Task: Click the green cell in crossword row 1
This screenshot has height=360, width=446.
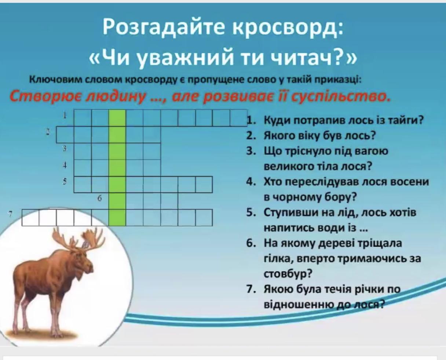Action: point(117,118)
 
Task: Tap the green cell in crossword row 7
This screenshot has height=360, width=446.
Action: point(117,218)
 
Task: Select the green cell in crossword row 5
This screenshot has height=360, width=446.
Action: point(117,184)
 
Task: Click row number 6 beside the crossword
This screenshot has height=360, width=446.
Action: point(100,199)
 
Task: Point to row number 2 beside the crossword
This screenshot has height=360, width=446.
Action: point(48,132)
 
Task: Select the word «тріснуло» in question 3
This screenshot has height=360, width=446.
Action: point(316,152)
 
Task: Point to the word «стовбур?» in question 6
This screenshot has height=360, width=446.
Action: point(288,274)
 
